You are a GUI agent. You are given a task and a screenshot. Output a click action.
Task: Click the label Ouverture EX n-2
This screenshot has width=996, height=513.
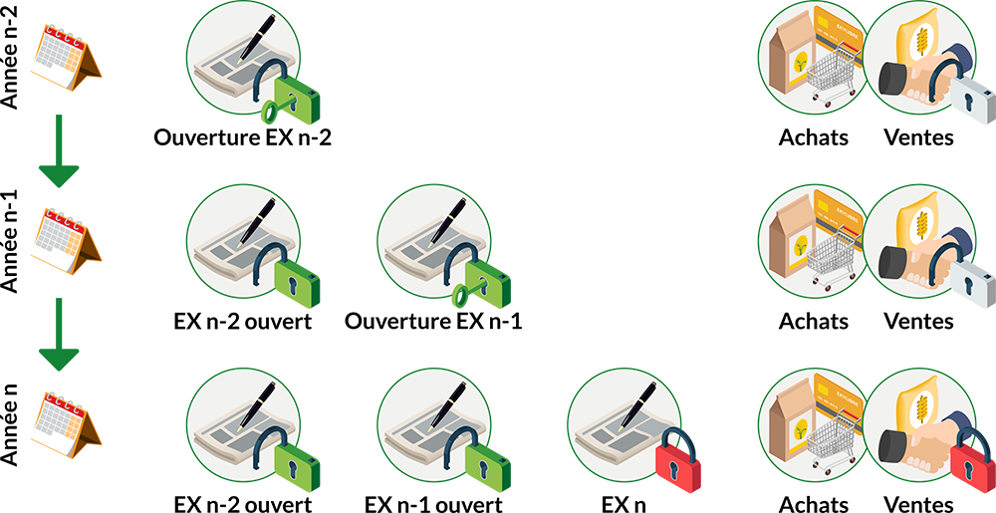pyautogui.click(x=243, y=137)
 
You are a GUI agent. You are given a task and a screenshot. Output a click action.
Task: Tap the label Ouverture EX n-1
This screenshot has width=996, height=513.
pyautogui.click(x=433, y=322)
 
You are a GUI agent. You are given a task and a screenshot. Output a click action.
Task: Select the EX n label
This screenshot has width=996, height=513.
pyautogui.click(x=623, y=504)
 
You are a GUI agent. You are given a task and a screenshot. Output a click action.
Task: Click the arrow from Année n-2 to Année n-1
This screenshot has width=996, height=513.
pyautogui.click(x=59, y=151)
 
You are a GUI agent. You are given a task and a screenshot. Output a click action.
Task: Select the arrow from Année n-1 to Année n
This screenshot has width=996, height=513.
pyautogui.click(x=59, y=335)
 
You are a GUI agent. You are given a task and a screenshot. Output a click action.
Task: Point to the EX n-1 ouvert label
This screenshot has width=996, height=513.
pyautogui.click(x=434, y=504)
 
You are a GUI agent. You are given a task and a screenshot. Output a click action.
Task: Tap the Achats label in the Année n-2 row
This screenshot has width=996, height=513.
pyautogui.click(x=814, y=137)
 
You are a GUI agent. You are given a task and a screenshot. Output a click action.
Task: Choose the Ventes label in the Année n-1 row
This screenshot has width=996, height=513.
pyautogui.click(x=919, y=322)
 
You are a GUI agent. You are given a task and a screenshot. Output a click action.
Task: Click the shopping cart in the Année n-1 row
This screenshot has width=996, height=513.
pyautogui.click(x=832, y=257)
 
